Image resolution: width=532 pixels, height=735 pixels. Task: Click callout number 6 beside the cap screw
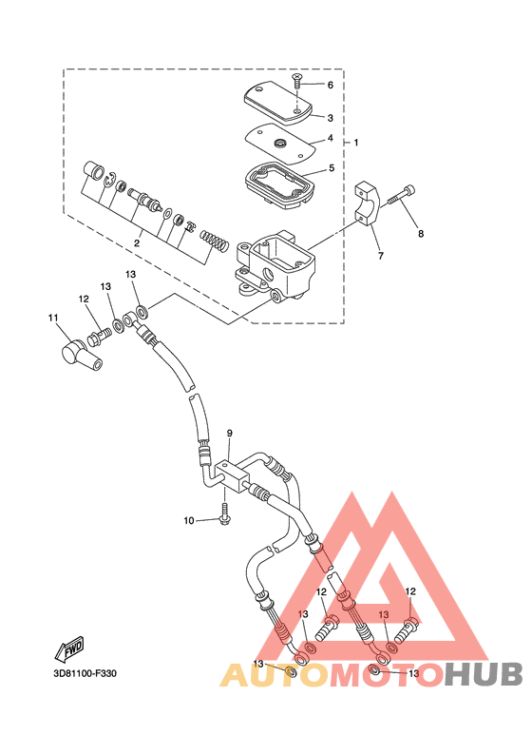[331, 85]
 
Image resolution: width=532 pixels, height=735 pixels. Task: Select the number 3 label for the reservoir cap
[331, 118]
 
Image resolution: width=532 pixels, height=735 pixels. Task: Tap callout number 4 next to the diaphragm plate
[331, 138]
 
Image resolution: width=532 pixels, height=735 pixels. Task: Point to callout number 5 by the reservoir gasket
[332, 167]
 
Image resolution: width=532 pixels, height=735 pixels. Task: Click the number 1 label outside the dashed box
[356, 142]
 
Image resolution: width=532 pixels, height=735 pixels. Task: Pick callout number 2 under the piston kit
[137, 242]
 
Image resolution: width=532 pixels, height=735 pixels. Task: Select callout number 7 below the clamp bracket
[381, 256]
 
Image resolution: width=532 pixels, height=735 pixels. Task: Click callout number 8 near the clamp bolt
[421, 233]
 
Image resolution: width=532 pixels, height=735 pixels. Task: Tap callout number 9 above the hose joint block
[230, 434]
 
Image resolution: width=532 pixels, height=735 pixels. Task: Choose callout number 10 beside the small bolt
[189, 520]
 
